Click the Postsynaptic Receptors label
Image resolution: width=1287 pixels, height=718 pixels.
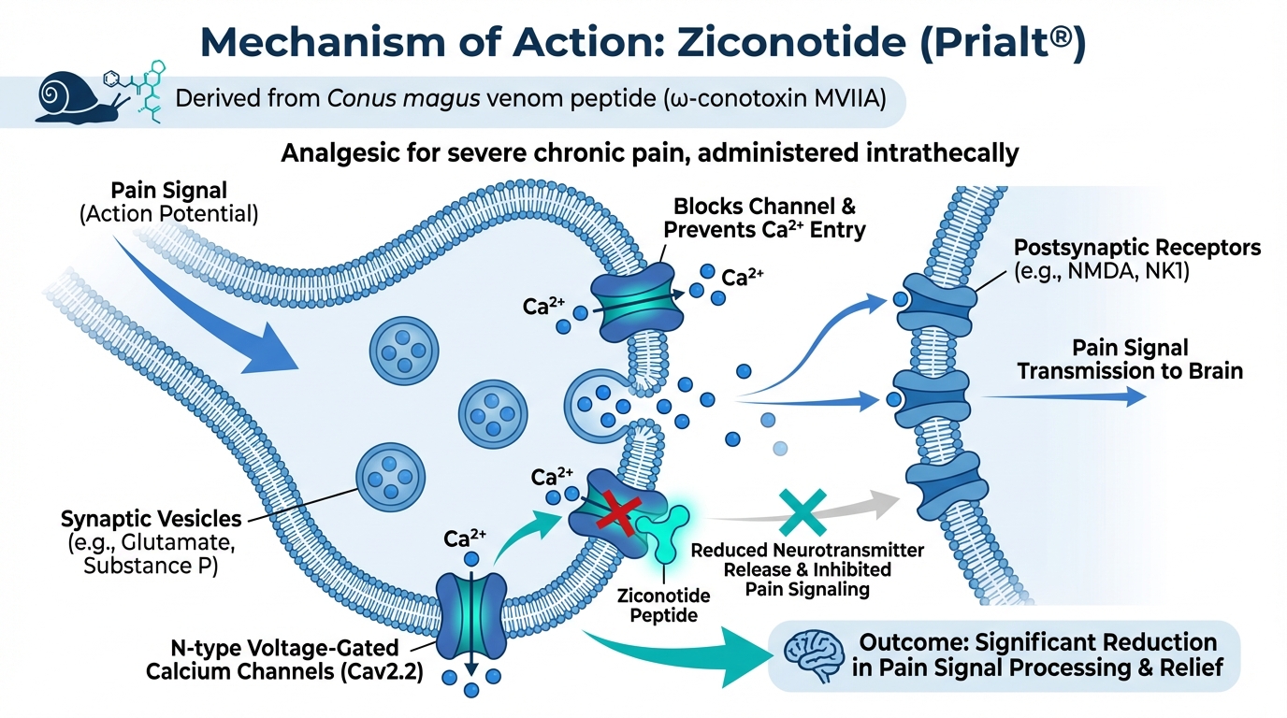pyautogui.click(x=1137, y=260)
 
